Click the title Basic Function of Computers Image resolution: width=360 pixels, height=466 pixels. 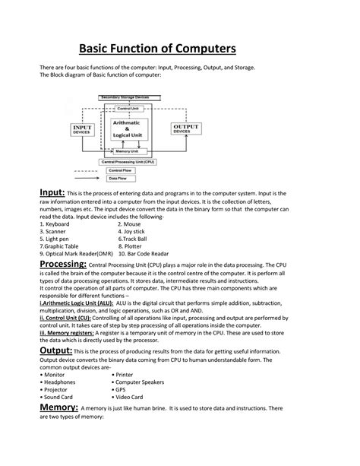180,49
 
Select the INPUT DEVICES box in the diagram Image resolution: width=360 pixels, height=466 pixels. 82,130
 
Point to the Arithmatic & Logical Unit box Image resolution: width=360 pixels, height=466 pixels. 126,130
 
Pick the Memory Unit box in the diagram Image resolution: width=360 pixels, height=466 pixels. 126,152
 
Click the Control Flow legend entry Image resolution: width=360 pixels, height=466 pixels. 121,172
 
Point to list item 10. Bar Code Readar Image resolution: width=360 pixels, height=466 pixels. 149,253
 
